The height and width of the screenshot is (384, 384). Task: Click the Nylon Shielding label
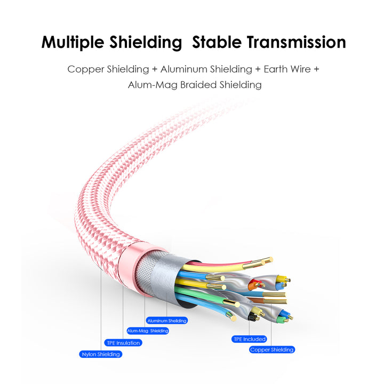(x=101, y=354)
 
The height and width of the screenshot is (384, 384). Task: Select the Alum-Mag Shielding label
(x=148, y=331)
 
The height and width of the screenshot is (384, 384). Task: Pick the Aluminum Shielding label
(x=167, y=321)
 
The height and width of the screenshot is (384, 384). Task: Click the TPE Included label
(x=249, y=339)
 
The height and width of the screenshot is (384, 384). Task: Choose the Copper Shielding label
(x=272, y=350)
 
